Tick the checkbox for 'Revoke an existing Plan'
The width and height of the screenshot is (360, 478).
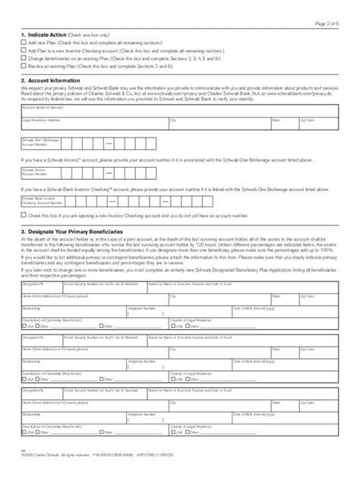click(23, 66)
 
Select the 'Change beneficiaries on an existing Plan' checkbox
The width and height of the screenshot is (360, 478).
click(23, 58)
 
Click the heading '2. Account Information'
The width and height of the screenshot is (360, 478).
click(53, 80)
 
